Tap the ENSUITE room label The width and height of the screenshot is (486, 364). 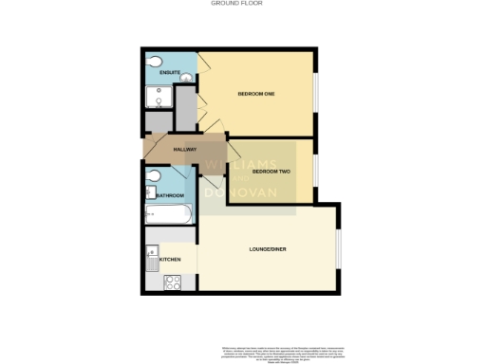coord(170,73)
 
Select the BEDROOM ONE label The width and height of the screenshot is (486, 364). coord(255,93)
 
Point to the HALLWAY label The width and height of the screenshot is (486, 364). coord(184,150)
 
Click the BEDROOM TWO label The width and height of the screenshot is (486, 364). coord(271,172)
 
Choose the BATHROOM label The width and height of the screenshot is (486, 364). coord(170,195)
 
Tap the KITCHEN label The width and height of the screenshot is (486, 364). coord(170,259)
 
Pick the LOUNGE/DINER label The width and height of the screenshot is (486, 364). coord(267,248)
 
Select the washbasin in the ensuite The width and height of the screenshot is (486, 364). coord(187,78)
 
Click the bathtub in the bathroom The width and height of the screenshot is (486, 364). coord(168,215)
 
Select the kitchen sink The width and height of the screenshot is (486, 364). coord(152,254)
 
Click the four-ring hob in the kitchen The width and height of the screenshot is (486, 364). coord(172,282)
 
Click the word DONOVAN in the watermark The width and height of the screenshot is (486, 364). coord(249,192)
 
